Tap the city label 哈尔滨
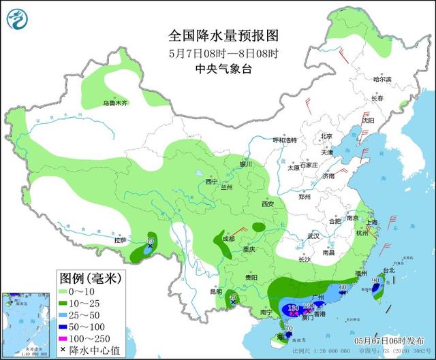point(382,80)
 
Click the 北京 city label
point(326,136)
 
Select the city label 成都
point(228,239)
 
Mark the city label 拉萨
point(120,240)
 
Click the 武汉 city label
point(313,235)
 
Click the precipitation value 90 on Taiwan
point(375,280)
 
